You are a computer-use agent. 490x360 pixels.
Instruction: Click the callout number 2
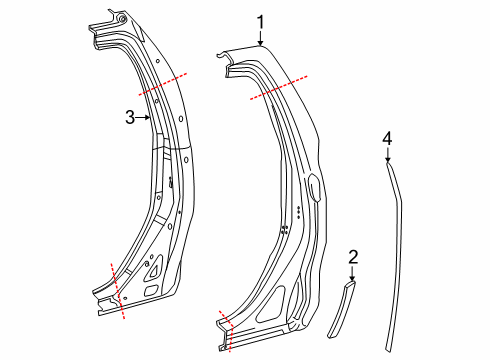pos(352,257)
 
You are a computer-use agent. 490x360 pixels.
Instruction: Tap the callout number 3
pos(130,117)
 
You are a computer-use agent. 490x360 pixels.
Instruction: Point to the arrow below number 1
pos(260,39)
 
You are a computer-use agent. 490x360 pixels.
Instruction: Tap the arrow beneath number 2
pos(352,274)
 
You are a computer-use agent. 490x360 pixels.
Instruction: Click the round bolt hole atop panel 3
pos(121,19)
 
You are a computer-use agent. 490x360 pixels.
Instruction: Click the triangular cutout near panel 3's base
pos(156,267)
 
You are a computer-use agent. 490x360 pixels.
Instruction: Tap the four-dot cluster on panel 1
pos(284,229)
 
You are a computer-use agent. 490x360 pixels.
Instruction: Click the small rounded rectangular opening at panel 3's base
pos(150,291)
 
